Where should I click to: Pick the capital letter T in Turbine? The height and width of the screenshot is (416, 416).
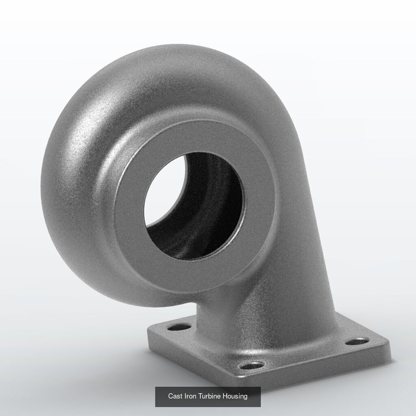[201, 396]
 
